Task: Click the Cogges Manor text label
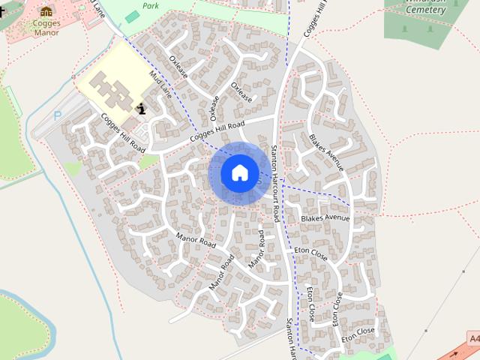pyautogui.click(x=46, y=27)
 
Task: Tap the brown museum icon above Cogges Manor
pyautogui.click(x=46, y=11)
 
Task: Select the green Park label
pyautogui.click(x=152, y=5)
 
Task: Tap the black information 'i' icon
pyautogui.click(x=142, y=109)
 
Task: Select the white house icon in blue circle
pyautogui.click(x=239, y=172)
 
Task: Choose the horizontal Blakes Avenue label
pyautogui.click(x=325, y=218)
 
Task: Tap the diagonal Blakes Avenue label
pyautogui.click(x=325, y=152)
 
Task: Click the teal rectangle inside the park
pyautogui.click(x=132, y=16)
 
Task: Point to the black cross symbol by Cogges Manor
pyautogui.click(x=1, y=13)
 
